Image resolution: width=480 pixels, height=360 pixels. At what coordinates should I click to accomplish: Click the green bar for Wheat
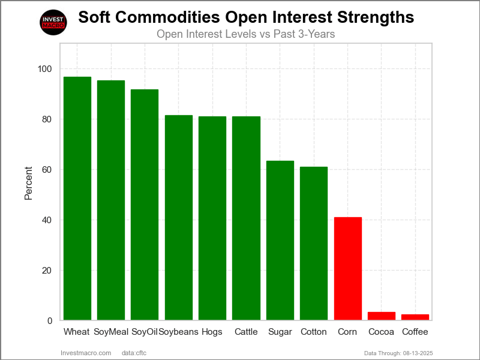[77, 198]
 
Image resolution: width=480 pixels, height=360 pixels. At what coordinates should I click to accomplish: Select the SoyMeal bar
[111, 200]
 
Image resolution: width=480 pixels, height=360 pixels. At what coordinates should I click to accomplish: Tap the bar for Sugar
[280, 240]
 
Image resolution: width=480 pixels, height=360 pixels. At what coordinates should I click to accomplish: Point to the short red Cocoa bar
[382, 316]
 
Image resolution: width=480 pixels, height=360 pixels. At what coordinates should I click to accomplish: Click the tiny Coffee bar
[415, 317]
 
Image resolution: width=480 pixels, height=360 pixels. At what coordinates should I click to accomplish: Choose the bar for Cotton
[314, 243]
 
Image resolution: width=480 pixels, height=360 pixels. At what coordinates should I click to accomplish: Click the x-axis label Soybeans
[179, 332]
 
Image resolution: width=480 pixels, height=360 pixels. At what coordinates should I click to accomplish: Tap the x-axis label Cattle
[246, 332]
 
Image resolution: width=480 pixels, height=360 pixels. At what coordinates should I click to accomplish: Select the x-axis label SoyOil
[145, 332]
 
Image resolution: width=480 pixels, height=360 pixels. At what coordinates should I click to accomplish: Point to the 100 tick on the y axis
[44, 69]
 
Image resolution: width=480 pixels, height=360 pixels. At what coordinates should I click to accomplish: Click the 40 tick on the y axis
[47, 220]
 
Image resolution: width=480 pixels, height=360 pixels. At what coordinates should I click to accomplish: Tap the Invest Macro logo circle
[53, 22]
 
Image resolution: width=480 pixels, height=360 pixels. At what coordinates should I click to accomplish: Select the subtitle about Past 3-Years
[245, 34]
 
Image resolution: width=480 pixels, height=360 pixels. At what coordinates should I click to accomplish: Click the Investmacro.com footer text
[86, 353]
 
